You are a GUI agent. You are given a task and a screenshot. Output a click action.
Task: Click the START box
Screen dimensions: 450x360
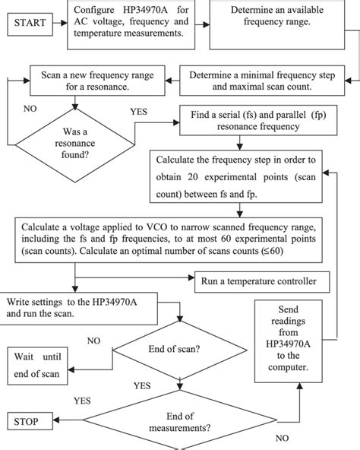click(x=30, y=23)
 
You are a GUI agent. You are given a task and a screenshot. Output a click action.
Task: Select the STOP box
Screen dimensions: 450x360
click(x=31, y=420)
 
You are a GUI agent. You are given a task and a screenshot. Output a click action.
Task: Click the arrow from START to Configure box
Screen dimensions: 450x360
click(x=63, y=23)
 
